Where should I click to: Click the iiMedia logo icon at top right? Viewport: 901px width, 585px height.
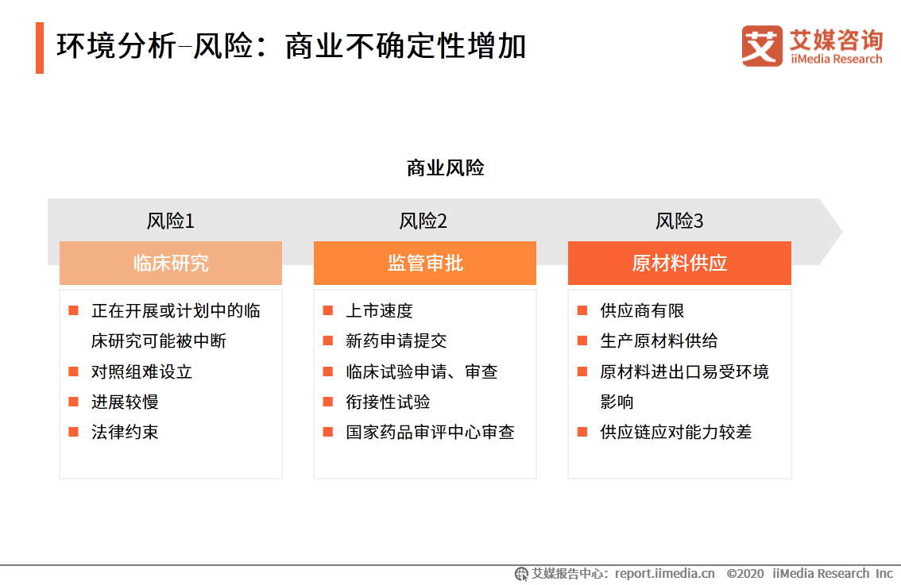pyautogui.click(x=762, y=46)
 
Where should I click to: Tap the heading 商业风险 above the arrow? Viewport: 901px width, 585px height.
pyautogui.click(x=445, y=168)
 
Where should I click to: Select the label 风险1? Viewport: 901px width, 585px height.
pyautogui.click(x=171, y=221)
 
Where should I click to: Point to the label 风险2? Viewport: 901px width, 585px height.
pyautogui.click(x=423, y=221)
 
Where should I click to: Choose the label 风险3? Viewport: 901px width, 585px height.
pyautogui.click(x=680, y=221)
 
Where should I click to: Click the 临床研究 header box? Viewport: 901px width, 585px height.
pyautogui.click(x=171, y=263)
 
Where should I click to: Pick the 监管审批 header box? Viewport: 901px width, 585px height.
pyautogui.click(x=424, y=263)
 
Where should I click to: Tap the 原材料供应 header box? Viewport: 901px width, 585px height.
pyautogui.click(x=679, y=263)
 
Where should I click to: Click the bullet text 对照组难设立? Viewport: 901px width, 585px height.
pyautogui.click(x=141, y=371)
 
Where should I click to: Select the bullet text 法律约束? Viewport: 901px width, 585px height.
pyautogui.click(x=125, y=432)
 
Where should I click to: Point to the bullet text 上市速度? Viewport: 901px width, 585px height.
pyautogui.click(x=379, y=310)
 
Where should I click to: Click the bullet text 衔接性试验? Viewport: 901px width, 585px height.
pyautogui.click(x=388, y=402)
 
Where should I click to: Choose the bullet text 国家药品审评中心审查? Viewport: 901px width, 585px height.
pyautogui.click(x=430, y=432)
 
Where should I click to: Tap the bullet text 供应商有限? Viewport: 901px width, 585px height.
pyautogui.click(x=642, y=310)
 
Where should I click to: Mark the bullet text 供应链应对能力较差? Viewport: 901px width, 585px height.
pyautogui.click(x=675, y=432)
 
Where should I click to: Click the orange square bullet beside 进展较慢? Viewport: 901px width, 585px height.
pyautogui.click(x=74, y=402)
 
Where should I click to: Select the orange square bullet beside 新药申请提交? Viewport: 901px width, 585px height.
pyautogui.click(x=328, y=341)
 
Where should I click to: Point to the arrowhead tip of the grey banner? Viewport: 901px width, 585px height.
pyautogui.click(x=842, y=232)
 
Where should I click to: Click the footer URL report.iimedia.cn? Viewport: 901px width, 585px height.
pyautogui.click(x=665, y=574)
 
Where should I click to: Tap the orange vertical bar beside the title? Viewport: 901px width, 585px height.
pyautogui.click(x=40, y=48)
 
